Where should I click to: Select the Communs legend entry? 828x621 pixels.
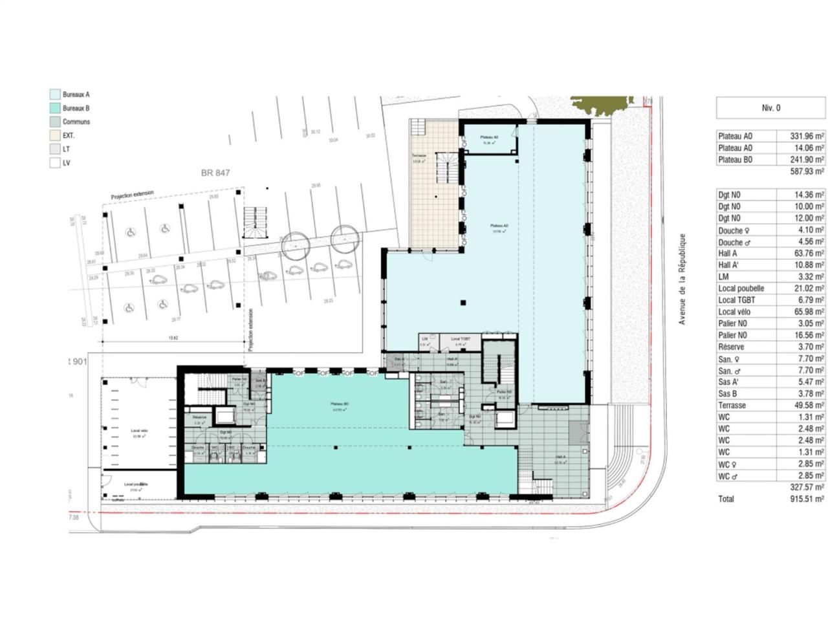(x=76, y=122)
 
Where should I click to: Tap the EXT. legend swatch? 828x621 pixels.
(x=55, y=136)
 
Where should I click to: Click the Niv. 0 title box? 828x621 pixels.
(x=770, y=108)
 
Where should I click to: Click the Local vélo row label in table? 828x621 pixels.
(x=737, y=312)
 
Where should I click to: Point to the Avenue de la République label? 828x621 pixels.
(x=681, y=279)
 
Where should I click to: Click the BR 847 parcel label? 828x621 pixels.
(x=215, y=173)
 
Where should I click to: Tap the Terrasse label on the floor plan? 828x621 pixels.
(x=419, y=158)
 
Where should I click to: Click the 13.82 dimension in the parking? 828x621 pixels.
(x=172, y=338)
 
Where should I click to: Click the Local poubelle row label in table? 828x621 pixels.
(x=741, y=289)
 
